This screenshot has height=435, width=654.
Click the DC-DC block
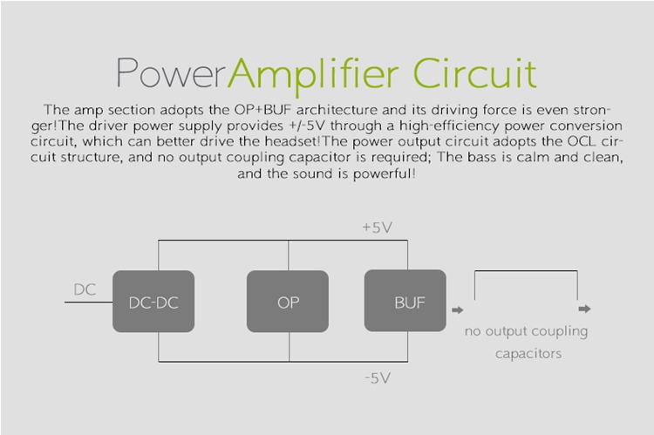click(153, 302)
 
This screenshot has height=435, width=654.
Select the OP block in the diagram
click(288, 302)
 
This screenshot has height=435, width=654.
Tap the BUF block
click(405, 302)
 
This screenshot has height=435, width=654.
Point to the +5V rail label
click(378, 228)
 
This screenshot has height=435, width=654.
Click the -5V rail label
click(378, 377)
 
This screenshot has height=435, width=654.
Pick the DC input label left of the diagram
click(85, 289)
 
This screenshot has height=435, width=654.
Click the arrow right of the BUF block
click(457, 309)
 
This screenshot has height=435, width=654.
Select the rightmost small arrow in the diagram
click(584, 309)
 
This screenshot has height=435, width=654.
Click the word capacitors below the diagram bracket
click(527, 354)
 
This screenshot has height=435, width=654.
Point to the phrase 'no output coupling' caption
click(526, 331)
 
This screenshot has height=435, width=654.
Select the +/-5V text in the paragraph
click(300, 126)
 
